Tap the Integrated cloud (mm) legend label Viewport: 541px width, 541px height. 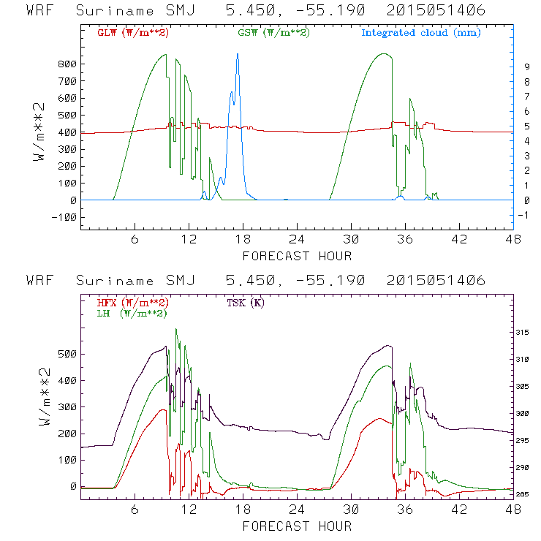pyautogui.click(x=420, y=33)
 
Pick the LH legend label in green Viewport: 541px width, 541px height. pyautogui.click(x=131, y=313)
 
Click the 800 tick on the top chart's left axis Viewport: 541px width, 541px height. pyautogui.click(x=67, y=64)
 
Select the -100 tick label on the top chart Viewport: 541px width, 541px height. pyautogui.click(x=64, y=217)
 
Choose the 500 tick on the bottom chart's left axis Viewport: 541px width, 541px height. pyautogui.click(x=67, y=354)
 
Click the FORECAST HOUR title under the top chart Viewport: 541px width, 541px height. pyautogui.click(x=297, y=256)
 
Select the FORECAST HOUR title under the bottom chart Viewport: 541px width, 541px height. pyautogui.click(x=297, y=526)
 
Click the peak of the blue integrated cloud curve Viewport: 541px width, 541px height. pyautogui.click(x=237, y=54)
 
